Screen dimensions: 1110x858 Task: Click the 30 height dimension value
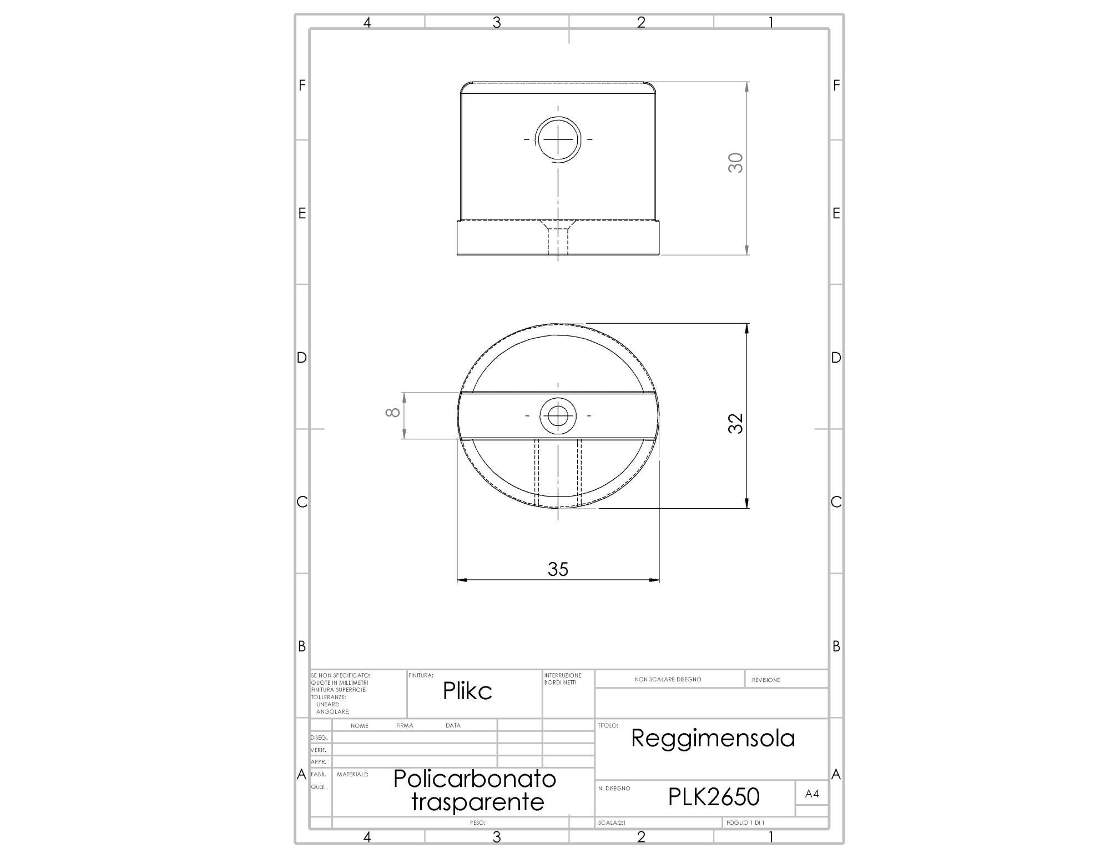click(735, 163)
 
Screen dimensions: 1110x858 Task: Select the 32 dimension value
click(735, 423)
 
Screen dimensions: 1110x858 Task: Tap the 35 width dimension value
click(558, 569)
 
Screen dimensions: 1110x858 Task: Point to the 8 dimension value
click(393, 412)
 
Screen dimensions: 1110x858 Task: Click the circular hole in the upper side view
click(558, 139)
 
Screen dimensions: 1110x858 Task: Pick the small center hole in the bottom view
click(558, 415)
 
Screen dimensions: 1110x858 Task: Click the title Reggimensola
click(713, 738)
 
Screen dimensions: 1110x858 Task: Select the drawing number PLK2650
click(714, 797)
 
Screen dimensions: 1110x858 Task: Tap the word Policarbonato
click(475, 779)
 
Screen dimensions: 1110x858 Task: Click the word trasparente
click(478, 802)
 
